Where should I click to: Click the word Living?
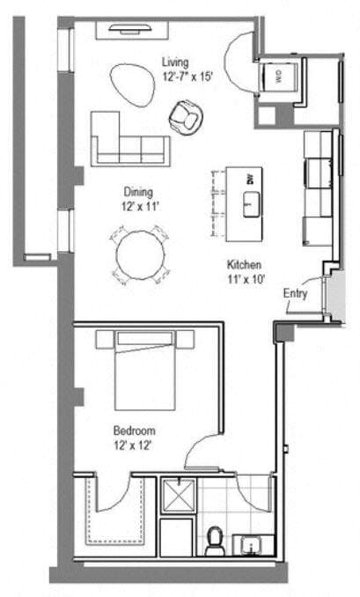click(x=174, y=62)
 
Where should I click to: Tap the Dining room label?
click(x=139, y=192)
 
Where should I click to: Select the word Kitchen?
click(x=242, y=265)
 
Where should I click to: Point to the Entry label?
click(x=296, y=294)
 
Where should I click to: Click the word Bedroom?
click(x=134, y=431)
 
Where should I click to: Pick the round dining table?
click(x=141, y=254)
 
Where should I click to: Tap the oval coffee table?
click(x=130, y=84)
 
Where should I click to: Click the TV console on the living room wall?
click(x=138, y=29)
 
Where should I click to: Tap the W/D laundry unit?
click(x=278, y=76)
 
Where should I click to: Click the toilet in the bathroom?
click(x=214, y=540)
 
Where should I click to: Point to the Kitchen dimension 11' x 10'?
click(x=242, y=281)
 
